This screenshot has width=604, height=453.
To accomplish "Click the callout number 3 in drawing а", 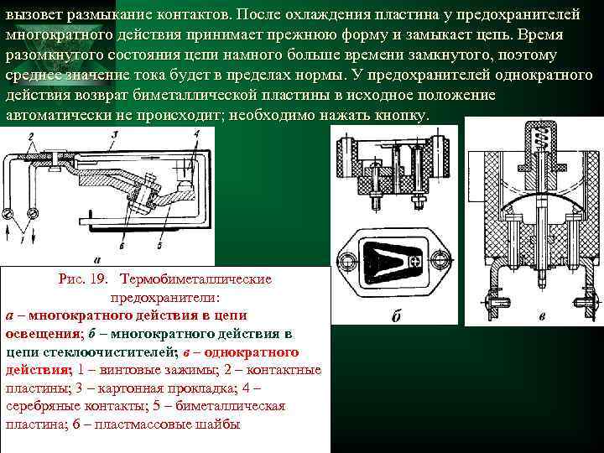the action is tap(114, 135).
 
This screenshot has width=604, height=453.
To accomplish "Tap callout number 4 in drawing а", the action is tap(197, 134).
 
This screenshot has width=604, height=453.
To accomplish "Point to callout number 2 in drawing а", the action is tap(31, 136).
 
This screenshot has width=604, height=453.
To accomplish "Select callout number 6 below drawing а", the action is tap(122, 245).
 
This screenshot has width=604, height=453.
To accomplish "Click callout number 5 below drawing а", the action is tap(159, 245).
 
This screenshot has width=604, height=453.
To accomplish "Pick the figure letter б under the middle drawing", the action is tap(396, 316).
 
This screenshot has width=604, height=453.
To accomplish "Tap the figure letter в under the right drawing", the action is tap(542, 317).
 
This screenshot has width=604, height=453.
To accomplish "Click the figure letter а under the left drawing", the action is tap(96, 260).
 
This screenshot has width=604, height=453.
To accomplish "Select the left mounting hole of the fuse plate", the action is tap(347, 259).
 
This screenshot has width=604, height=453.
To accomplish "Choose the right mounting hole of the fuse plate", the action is tap(440, 258).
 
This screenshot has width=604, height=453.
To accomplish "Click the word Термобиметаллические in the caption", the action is tap(196, 279).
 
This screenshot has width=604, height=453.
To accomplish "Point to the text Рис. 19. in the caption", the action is tap(83, 279).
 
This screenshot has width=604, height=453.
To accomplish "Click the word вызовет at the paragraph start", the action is tap(34, 15).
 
